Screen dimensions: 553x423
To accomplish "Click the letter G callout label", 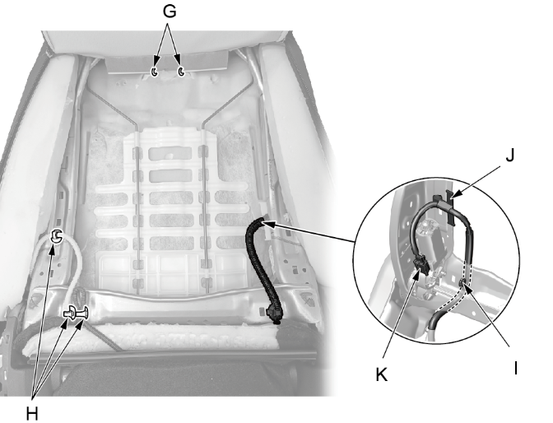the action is [x=170, y=12].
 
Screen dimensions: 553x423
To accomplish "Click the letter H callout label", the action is [x=32, y=413].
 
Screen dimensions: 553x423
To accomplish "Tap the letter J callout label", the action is [x=509, y=155].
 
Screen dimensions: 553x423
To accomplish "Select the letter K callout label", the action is [x=382, y=374].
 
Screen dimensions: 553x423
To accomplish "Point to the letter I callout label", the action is [x=516, y=368].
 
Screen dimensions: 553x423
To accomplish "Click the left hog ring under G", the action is [x=155, y=72].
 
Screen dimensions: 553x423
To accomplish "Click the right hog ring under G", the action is [x=181, y=71].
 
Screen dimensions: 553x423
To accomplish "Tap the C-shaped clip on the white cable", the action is [x=56, y=235].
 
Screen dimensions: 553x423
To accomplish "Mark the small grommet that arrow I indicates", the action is [x=462, y=282].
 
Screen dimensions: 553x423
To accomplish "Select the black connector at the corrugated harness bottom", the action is [x=274, y=314].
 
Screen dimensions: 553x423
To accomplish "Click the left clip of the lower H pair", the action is [x=70, y=313].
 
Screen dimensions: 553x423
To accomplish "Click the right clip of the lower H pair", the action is [x=84, y=313].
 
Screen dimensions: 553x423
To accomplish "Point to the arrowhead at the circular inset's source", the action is [x=267, y=224].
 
